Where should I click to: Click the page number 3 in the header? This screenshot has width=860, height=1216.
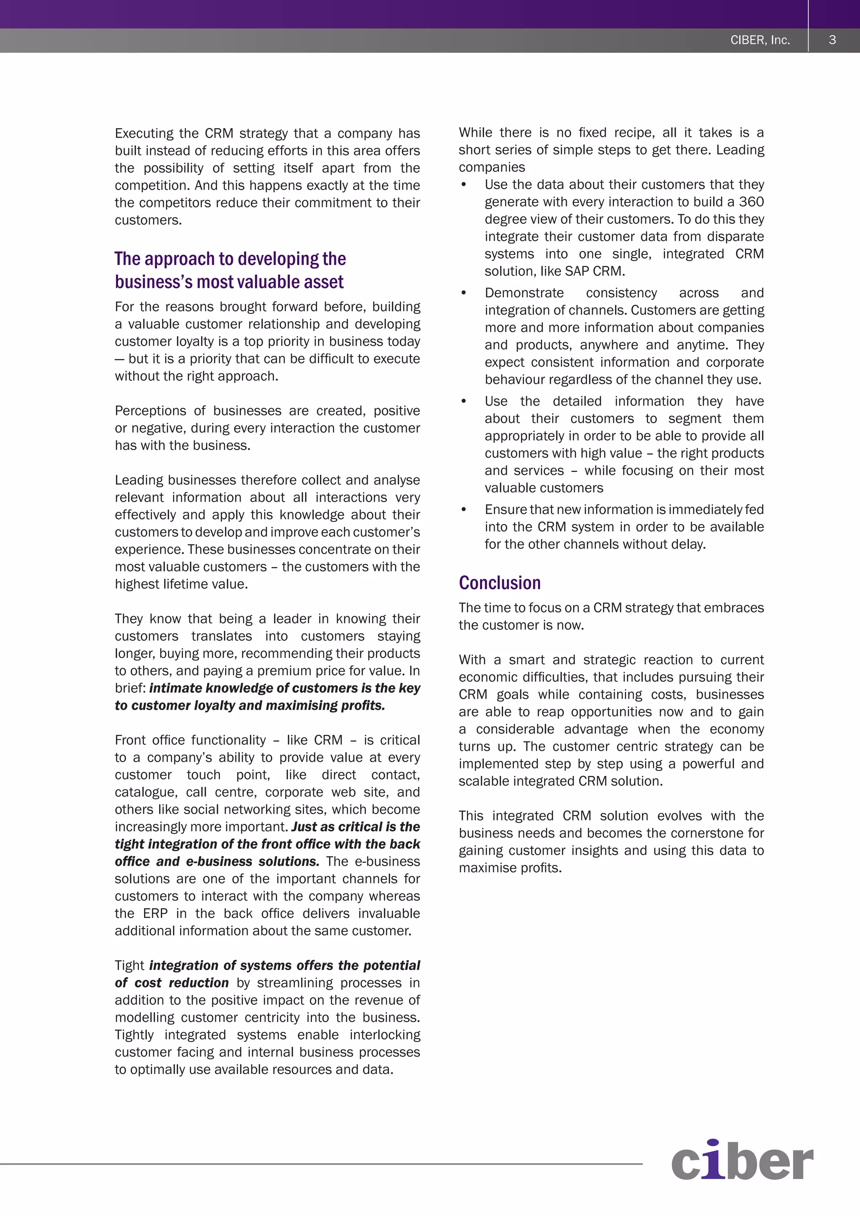(x=832, y=40)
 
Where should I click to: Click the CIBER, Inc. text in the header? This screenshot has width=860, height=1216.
(x=760, y=40)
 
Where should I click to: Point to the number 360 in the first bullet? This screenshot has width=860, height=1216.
(x=751, y=202)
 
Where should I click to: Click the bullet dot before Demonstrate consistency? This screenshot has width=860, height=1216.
(x=464, y=293)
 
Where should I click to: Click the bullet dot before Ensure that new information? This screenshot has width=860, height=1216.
(x=464, y=509)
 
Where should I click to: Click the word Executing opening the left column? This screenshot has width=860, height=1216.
(x=144, y=134)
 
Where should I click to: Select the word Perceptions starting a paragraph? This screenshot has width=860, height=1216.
(x=150, y=411)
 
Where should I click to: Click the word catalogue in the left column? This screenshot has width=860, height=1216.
(x=146, y=792)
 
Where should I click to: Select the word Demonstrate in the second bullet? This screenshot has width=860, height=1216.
(x=524, y=293)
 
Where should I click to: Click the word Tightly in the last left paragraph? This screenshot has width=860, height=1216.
(x=134, y=1035)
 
